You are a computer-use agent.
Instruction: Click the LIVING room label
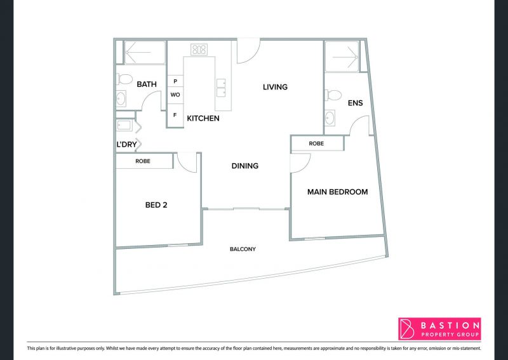(x=275, y=87)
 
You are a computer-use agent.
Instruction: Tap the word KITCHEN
(x=203, y=118)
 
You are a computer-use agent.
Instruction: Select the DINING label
(x=245, y=166)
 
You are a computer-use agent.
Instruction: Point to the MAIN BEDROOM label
(x=338, y=192)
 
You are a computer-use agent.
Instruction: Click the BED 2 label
(x=156, y=205)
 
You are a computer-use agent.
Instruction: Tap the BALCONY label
(x=243, y=249)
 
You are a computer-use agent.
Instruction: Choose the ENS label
(x=355, y=103)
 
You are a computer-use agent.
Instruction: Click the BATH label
(x=147, y=84)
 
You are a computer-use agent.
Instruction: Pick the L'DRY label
(x=126, y=145)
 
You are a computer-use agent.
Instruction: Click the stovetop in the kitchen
(x=199, y=50)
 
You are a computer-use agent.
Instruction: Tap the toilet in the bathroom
(x=124, y=79)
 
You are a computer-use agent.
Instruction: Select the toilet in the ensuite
(x=333, y=95)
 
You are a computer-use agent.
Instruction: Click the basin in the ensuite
(x=330, y=118)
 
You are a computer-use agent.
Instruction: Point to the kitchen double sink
(x=221, y=88)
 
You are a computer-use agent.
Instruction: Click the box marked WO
(x=175, y=95)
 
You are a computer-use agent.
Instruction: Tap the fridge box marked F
(x=175, y=116)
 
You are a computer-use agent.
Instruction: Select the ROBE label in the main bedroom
(x=316, y=143)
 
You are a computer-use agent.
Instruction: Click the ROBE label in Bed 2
(x=143, y=161)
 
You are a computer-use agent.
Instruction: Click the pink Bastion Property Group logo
(x=439, y=329)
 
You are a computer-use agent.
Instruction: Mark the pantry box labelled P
(x=175, y=81)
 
